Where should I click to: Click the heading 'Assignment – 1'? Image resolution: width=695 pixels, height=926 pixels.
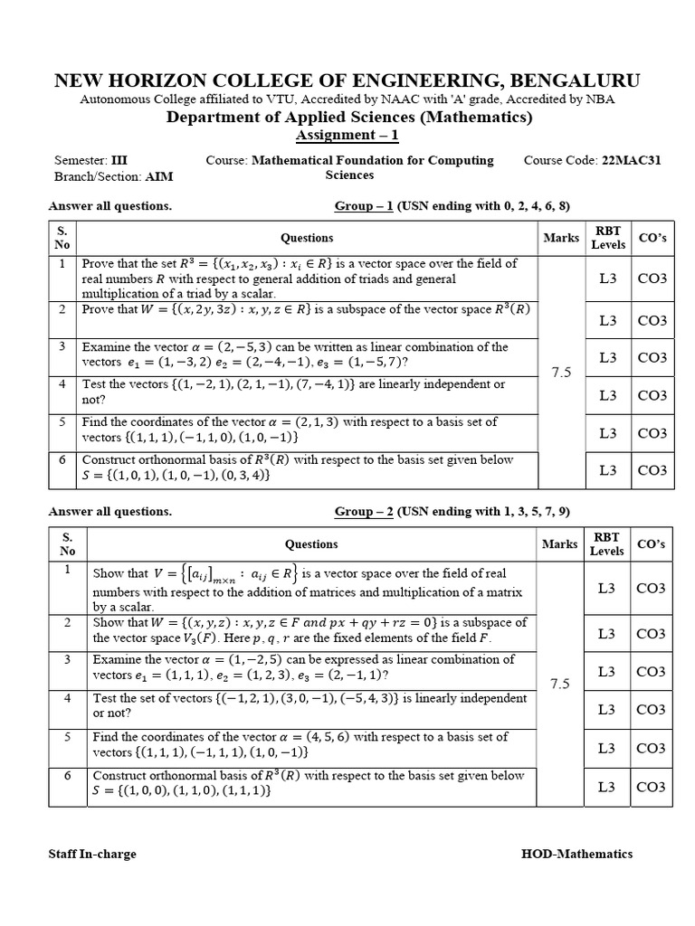pyautogui.click(x=347, y=136)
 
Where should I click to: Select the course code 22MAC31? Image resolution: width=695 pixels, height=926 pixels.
pyautogui.click(x=631, y=160)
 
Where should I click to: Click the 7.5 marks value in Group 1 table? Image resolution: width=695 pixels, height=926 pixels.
pyautogui.click(x=561, y=373)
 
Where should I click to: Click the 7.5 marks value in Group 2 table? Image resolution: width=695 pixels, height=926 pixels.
pyautogui.click(x=561, y=684)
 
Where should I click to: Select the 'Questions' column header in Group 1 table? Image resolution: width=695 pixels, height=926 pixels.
pyautogui.click(x=307, y=238)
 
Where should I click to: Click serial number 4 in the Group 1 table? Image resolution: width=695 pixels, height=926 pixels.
pyautogui.click(x=63, y=384)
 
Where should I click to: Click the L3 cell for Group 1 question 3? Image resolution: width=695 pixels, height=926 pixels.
pyautogui.click(x=608, y=358)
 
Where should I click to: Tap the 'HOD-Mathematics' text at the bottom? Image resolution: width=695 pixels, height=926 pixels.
pyautogui.click(x=576, y=855)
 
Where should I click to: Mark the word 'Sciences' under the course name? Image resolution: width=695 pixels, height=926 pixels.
pyautogui.click(x=349, y=175)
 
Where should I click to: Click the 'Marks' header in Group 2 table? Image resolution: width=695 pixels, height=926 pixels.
pyautogui.click(x=561, y=543)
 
